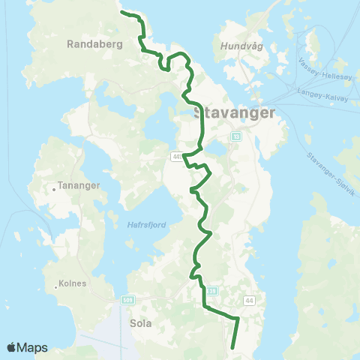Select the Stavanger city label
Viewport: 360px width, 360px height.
pos(234,113)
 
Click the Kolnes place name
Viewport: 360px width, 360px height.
pos(72,283)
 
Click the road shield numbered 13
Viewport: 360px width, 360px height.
pos(237,136)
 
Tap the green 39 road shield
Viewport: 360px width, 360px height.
pos(212,290)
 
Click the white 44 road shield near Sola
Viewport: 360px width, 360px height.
pos(248,300)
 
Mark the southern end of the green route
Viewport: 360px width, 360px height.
pos(232,347)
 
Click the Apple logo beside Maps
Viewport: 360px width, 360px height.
pos(12,347)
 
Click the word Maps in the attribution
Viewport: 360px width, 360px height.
pos(34,347)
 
